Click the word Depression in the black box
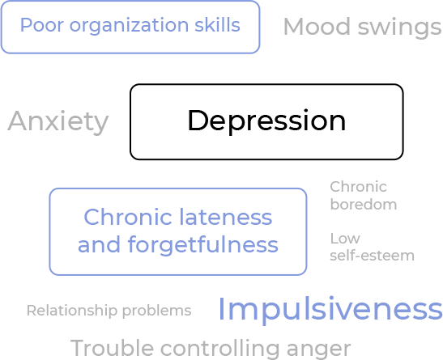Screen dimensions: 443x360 266,121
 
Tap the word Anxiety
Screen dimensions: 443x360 58,121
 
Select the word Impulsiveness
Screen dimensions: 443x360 330,310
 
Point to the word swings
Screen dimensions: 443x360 399,28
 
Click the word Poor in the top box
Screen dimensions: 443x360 42,25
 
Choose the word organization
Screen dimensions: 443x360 129,26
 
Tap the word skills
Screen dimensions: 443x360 217,25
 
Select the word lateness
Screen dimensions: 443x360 226,217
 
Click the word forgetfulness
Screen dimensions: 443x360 202,245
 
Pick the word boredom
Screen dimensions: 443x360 364,204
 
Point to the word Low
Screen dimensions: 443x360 345,239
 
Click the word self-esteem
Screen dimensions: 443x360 372,256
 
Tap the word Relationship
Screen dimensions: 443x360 72,311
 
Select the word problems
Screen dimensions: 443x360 157,311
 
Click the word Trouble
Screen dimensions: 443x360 112,348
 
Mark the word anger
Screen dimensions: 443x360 319,349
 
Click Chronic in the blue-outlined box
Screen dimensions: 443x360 128,217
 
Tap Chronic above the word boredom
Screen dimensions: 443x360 358,187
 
